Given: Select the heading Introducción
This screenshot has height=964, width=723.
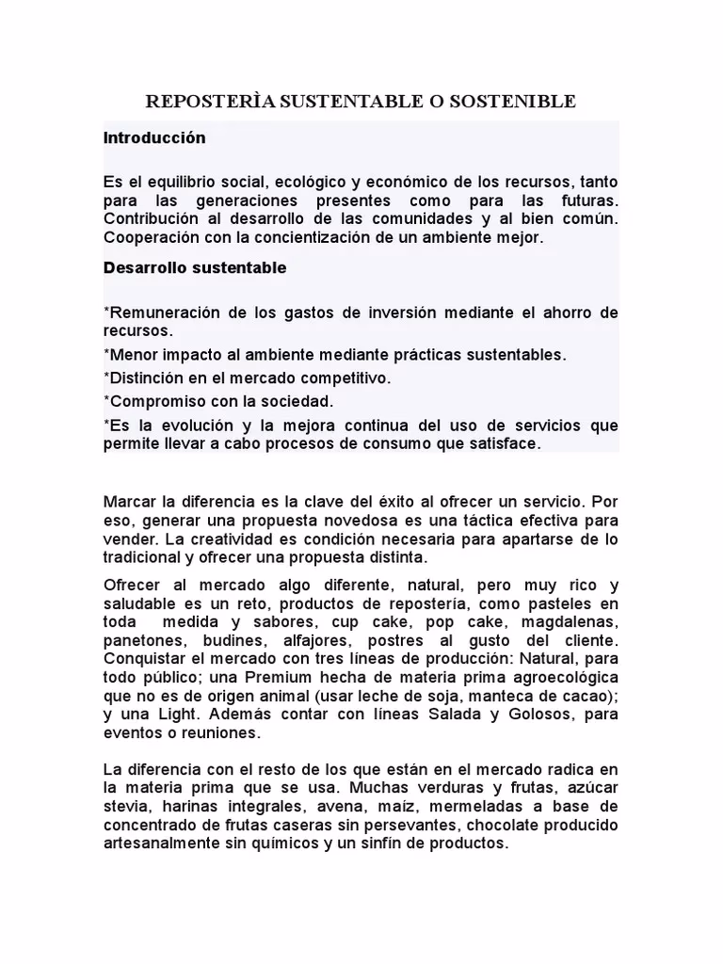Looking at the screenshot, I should (x=153, y=137).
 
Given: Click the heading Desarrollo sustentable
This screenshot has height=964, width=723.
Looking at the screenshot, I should (x=194, y=267).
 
